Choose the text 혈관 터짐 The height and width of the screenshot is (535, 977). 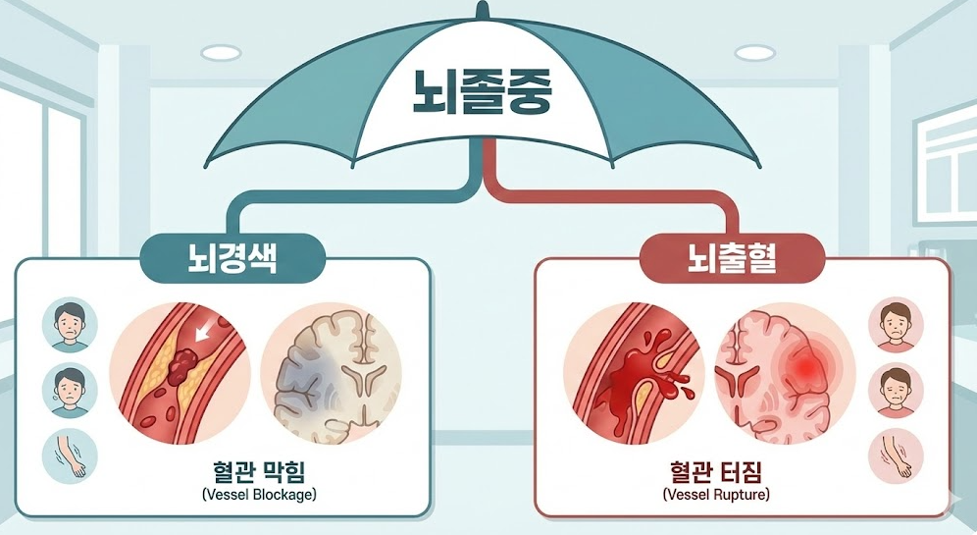click(x=715, y=472)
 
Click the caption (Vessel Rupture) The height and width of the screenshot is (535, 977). click(x=715, y=495)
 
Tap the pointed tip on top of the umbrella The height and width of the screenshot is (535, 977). click(x=481, y=10)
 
